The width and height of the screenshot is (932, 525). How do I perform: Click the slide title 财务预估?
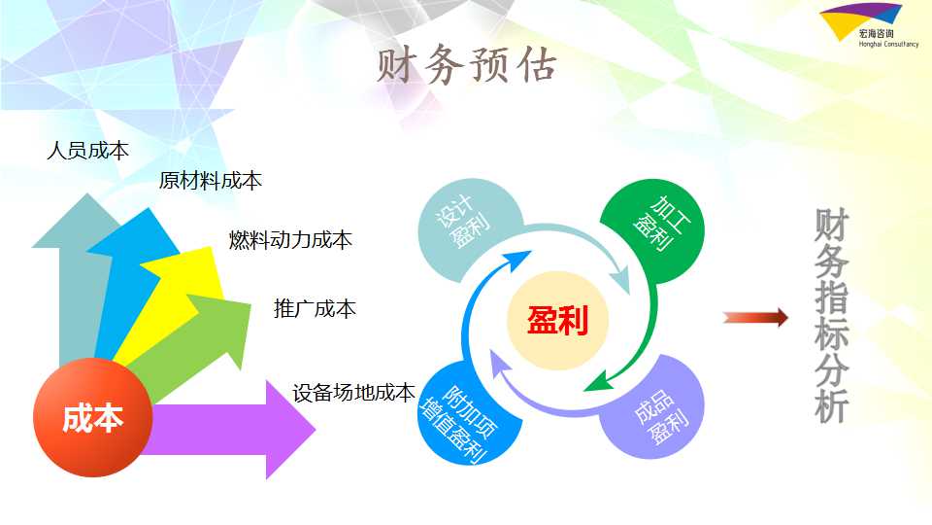[x=467, y=64]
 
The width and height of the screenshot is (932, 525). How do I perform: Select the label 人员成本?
[x=88, y=150]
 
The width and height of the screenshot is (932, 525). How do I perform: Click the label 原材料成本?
[x=211, y=181]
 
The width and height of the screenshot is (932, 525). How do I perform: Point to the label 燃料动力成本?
[x=290, y=239]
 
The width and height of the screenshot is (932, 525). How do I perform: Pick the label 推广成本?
[x=315, y=308]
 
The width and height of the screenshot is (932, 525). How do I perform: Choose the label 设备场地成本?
[x=353, y=392]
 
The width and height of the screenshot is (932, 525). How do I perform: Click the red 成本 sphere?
[x=93, y=417]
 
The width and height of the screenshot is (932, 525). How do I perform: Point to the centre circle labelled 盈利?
[x=557, y=320]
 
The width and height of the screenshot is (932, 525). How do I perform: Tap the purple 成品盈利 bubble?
[x=652, y=407]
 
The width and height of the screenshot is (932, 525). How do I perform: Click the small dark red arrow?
[x=755, y=317]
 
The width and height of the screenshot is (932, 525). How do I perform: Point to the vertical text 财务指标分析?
[x=832, y=315]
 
